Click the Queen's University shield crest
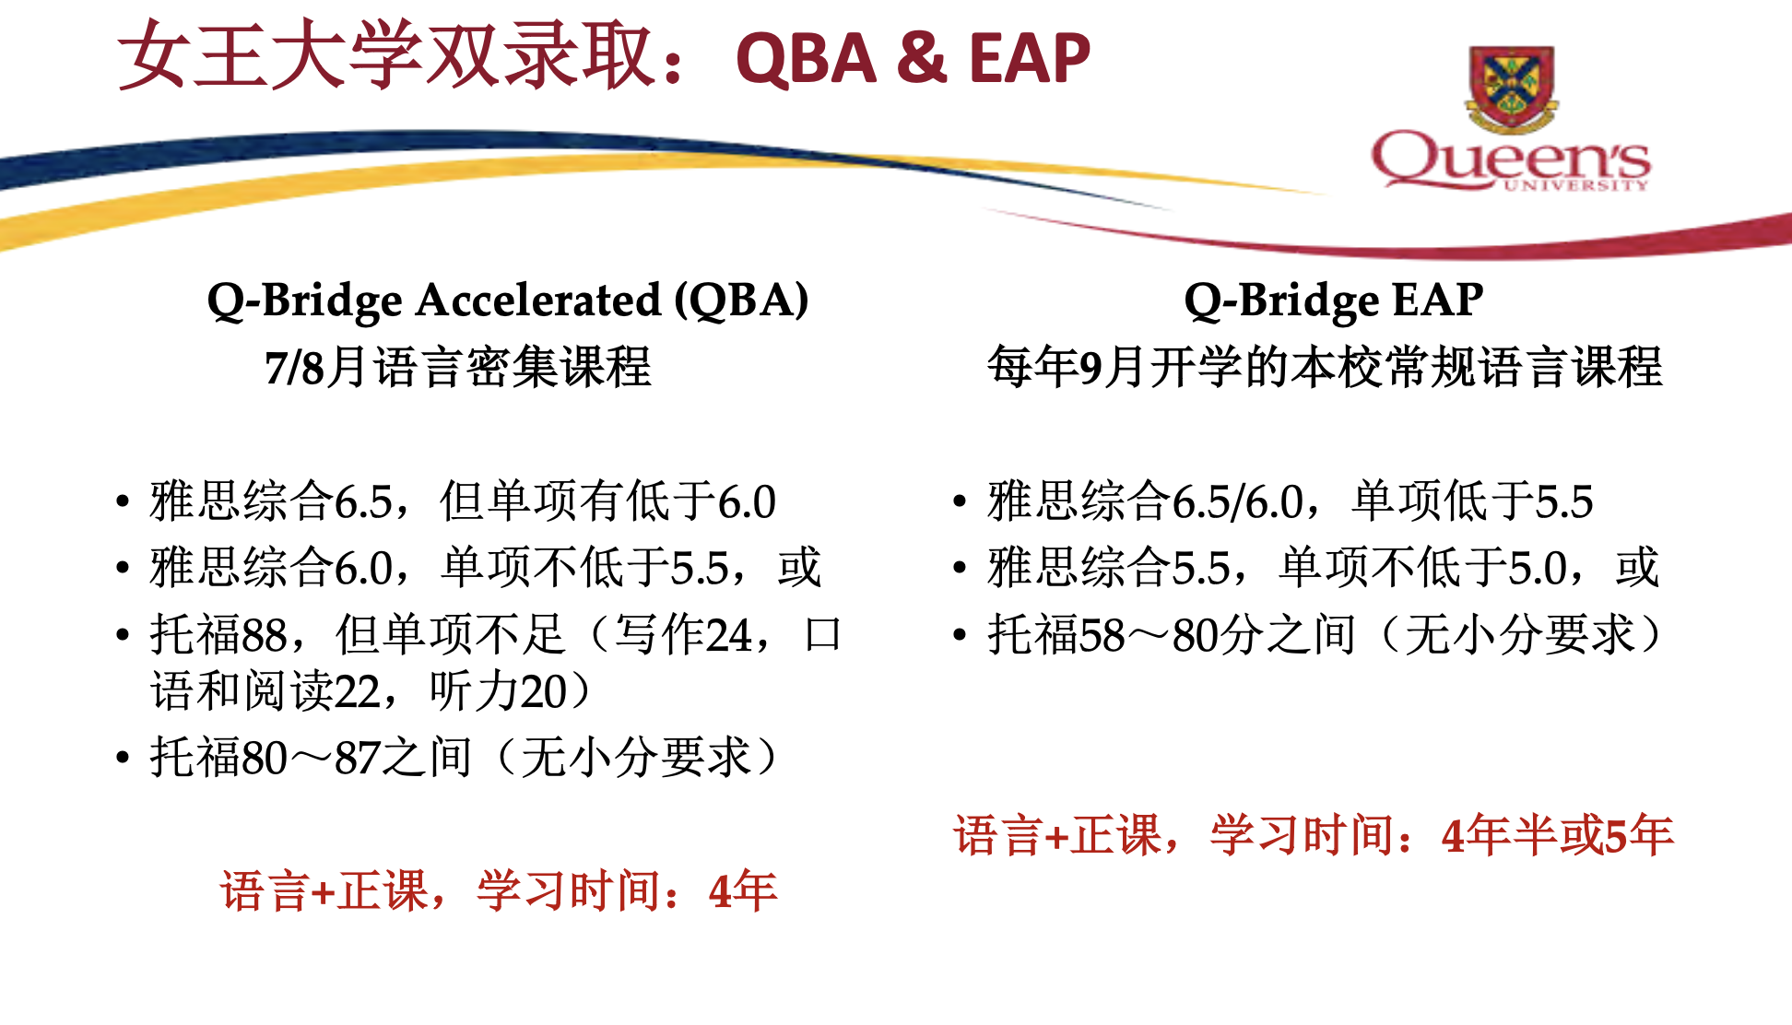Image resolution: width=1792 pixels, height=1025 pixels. tap(1512, 88)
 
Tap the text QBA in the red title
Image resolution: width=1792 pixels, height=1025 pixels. tap(806, 59)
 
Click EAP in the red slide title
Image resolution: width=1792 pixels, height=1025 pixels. tap(1030, 59)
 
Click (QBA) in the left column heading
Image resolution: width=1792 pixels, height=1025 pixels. tap(741, 301)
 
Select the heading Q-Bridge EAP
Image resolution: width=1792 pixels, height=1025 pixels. tap(1334, 300)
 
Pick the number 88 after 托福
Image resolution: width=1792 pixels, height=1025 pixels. tap(265, 635)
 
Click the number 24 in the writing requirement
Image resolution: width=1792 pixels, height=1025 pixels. tap(729, 635)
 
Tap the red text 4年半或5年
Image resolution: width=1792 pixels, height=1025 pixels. tap(1558, 836)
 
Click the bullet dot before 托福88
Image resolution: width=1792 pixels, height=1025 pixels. tap(123, 635)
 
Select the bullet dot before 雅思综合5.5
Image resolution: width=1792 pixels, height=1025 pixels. tap(961, 568)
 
